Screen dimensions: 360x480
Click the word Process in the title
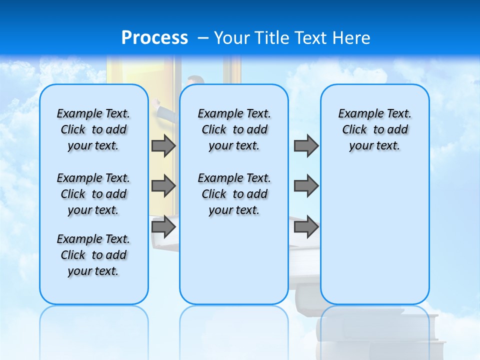click(x=154, y=38)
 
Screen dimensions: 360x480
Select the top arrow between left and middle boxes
click(x=163, y=146)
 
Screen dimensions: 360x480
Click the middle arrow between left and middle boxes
click(x=163, y=186)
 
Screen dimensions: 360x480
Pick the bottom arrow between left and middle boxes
click(x=163, y=227)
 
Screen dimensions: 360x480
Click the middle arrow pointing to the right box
click(x=306, y=186)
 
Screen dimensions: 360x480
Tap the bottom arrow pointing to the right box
click(x=306, y=227)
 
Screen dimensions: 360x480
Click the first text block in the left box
click(x=93, y=129)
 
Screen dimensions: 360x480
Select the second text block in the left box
click(x=93, y=194)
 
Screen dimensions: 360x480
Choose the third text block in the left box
click(x=93, y=255)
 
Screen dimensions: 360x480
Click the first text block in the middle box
click(x=234, y=129)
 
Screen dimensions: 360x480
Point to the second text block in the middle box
click(x=234, y=194)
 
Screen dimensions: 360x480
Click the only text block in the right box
click(x=374, y=129)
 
